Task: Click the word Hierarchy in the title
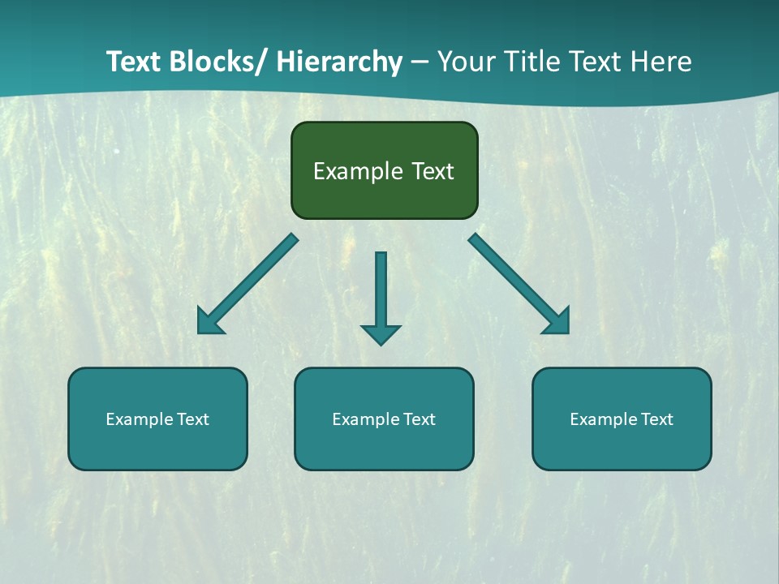[x=339, y=62]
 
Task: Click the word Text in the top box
[x=432, y=171]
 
